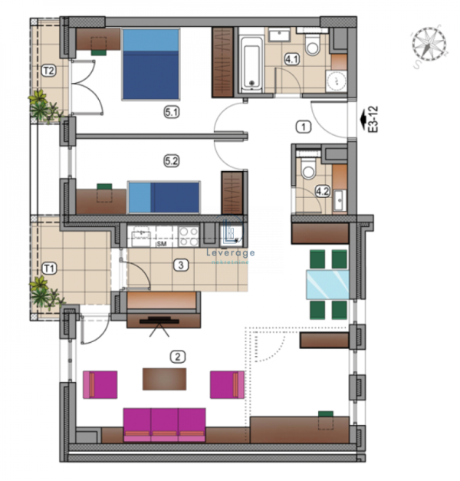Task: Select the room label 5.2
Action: tap(171, 161)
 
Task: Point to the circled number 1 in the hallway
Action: tap(304, 127)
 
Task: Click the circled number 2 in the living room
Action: tap(178, 356)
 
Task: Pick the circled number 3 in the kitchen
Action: tap(179, 265)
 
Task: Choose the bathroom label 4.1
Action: tap(292, 58)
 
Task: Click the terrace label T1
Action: tap(48, 269)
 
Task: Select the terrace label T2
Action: tap(49, 71)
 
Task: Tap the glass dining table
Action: tap(327, 284)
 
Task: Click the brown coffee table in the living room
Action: tap(164, 378)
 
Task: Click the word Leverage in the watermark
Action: tap(232, 252)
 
